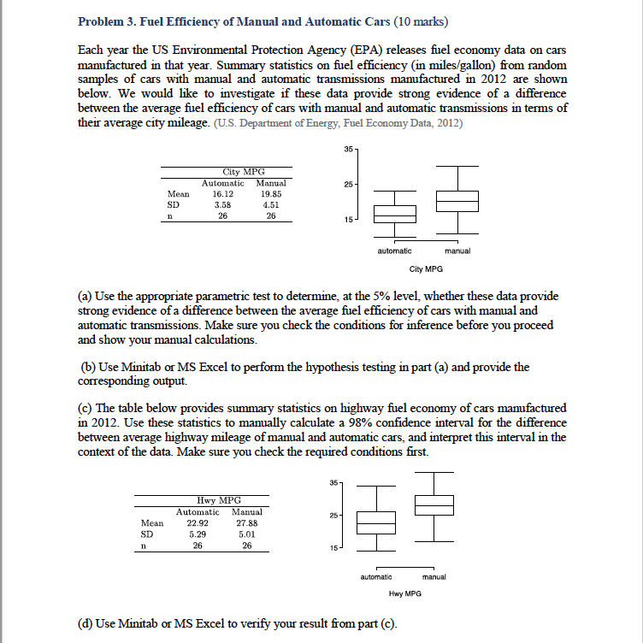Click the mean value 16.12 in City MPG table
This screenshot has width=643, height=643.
click(222, 194)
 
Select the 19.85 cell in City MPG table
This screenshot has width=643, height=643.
click(270, 194)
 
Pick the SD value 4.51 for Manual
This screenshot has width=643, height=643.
click(270, 205)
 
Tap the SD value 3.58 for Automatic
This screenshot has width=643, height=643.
click(222, 205)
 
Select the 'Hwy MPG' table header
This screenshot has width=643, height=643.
click(219, 500)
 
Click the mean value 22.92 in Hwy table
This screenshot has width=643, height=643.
click(198, 522)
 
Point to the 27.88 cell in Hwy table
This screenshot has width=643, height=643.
click(246, 522)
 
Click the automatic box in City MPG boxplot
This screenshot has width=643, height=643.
click(394, 214)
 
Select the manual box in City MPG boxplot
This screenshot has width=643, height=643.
click(457, 201)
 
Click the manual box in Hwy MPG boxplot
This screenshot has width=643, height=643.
click(434, 504)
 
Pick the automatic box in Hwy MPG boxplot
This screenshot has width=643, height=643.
click(376, 522)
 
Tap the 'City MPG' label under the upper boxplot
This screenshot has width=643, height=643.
click(425, 268)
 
